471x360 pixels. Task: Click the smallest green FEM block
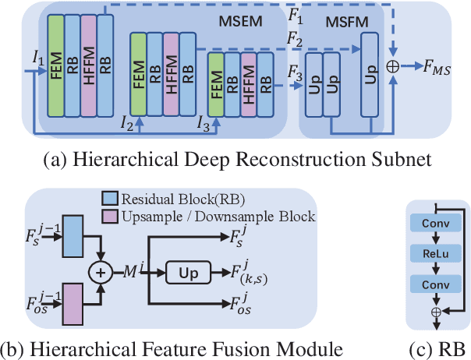pyautogui.click(x=214, y=88)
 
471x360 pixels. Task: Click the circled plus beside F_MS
pyautogui.click(x=394, y=69)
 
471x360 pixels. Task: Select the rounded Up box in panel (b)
pyautogui.click(x=189, y=274)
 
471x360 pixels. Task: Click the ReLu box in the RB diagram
pyautogui.click(x=436, y=253)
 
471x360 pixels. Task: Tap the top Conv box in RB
pyautogui.click(x=436, y=221)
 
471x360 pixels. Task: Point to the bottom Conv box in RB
pyautogui.click(x=436, y=285)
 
